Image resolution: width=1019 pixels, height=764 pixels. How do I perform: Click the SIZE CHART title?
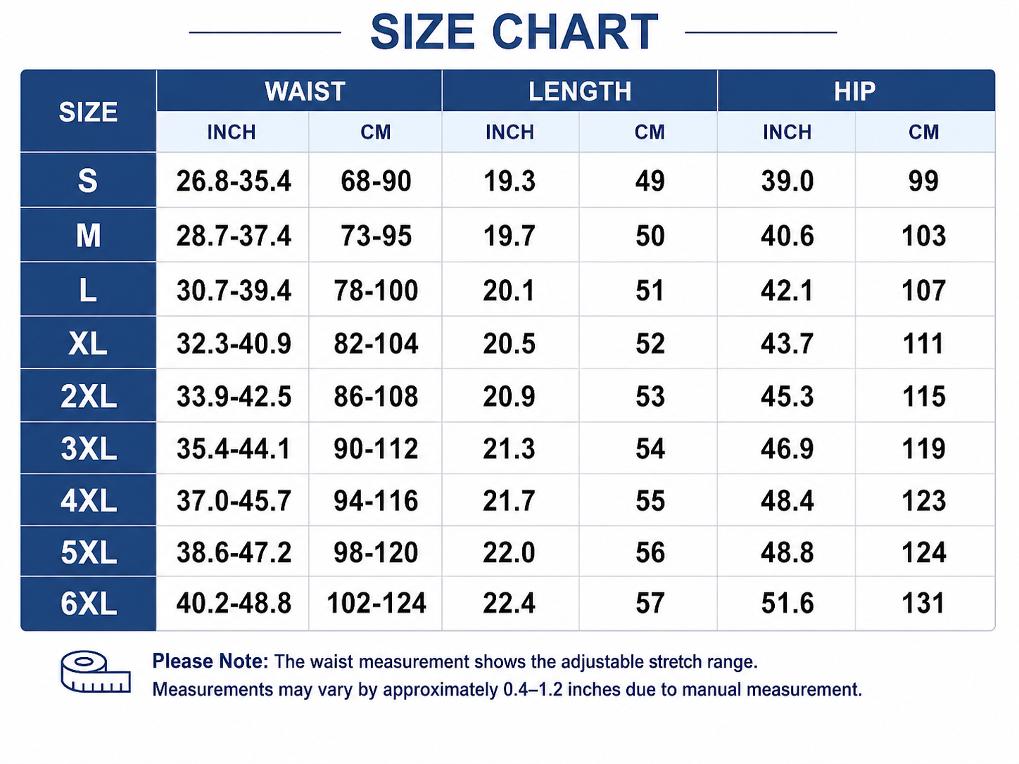(514, 32)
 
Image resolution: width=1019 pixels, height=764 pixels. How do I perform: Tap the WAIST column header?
(305, 91)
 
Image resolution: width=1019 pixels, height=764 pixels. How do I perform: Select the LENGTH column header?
(580, 91)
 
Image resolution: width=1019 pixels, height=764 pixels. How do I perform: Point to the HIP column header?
(854, 91)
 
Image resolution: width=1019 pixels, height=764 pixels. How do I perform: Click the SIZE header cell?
(88, 112)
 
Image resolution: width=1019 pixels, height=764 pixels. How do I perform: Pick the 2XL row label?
(88, 397)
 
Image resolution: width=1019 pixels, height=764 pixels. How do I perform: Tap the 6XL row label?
(88, 604)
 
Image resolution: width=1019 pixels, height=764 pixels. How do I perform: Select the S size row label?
(88, 180)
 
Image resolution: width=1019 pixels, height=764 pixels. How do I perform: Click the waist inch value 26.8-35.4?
(234, 180)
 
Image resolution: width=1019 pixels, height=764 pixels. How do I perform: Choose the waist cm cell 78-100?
(376, 291)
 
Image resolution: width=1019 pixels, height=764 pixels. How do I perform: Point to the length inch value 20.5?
(509, 344)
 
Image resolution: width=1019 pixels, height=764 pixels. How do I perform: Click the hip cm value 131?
(923, 604)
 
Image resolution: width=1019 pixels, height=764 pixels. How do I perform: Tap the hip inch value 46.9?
(787, 449)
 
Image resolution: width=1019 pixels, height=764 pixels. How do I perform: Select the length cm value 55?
(650, 500)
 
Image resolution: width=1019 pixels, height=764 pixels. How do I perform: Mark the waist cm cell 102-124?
(376, 604)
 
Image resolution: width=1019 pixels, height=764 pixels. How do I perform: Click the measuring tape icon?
(96, 672)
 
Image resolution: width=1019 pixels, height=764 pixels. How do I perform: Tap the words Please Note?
(210, 661)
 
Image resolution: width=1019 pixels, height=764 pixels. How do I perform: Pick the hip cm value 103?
(923, 236)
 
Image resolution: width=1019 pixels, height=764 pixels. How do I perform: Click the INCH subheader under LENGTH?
(509, 132)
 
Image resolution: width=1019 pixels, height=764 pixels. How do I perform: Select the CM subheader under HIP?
(923, 132)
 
